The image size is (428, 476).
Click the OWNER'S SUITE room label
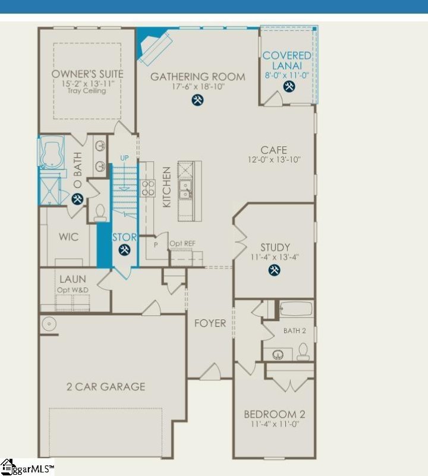pos(87,74)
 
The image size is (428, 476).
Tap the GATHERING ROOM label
pos(197,77)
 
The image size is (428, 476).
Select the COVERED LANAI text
pos(288,61)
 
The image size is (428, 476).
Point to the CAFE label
pos(273,150)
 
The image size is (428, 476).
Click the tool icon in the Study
pos(275,271)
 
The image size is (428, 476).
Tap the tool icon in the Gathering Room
pos(198,100)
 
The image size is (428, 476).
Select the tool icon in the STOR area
pos(125,250)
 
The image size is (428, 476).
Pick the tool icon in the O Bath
pos(77,200)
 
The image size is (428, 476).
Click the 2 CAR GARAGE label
pos(105,387)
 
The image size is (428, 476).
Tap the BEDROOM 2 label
pos(275,414)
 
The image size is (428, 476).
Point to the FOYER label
pos(210,323)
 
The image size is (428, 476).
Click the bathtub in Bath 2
pos(295,309)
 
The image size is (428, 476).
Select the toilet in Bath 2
pos(303,352)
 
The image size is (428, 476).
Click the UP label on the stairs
pos(124,158)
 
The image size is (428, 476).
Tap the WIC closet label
pos(68,237)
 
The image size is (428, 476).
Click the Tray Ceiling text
pos(87,91)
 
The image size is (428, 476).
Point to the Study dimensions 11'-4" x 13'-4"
pos(275,258)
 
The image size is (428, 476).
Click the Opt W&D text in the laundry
pos(73,289)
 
